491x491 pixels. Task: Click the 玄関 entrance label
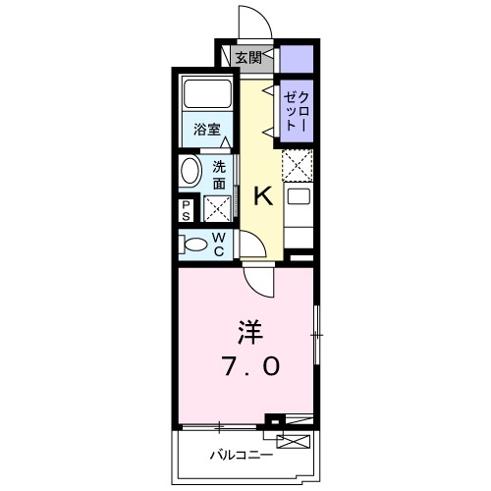[x=248, y=58]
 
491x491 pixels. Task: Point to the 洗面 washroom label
[x=220, y=174]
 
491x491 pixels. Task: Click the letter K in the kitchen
[x=262, y=195]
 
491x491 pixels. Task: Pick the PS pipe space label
[x=187, y=209]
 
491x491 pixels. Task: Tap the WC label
[x=219, y=244]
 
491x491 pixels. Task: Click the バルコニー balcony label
[x=241, y=455]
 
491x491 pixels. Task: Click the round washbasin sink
[x=191, y=173]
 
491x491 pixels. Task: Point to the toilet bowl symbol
[x=193, y=243]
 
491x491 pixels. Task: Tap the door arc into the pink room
[x=257, y=282]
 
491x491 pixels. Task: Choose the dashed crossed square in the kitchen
[x=297, y=163]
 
